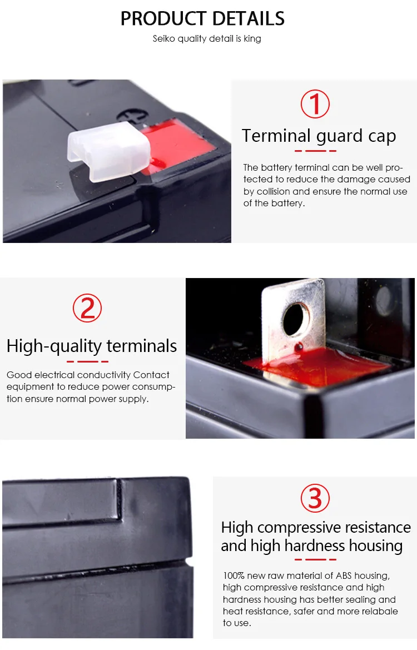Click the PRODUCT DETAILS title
coord(202,19)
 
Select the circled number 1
coord(315,103)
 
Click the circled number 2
coord(87,308)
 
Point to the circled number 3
coord(315,498)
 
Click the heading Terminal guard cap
coord(319,136)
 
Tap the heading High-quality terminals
coord(92,346)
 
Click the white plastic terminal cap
coord(108,151)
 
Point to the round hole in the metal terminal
coord(295,319)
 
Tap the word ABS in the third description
coord(344,576)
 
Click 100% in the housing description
coord(234,576)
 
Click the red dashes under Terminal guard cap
coord(315,151)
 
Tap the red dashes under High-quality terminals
coord(87,361)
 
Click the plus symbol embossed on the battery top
coord(132,115)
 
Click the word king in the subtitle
coord(252,39)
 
